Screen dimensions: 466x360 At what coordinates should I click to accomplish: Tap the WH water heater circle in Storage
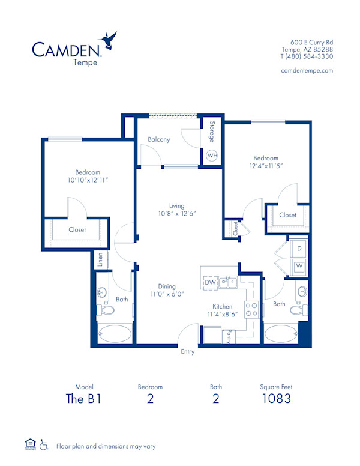(x=212, y=156)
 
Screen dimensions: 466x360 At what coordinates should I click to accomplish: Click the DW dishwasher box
(x=210, y=282)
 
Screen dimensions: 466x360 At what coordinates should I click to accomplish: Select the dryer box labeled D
(x=298, y=247)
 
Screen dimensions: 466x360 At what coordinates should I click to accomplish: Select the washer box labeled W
(x=298, y=265)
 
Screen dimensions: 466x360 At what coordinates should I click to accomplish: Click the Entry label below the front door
(x=188, y=352)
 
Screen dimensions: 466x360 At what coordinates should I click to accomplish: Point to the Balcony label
(x=159, y=139)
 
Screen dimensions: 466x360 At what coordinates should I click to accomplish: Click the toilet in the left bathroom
(x=107, y=311)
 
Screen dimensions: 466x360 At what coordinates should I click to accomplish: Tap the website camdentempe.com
(x=307, y=70)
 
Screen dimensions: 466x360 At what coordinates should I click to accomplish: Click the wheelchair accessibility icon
(x=44, y=445)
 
